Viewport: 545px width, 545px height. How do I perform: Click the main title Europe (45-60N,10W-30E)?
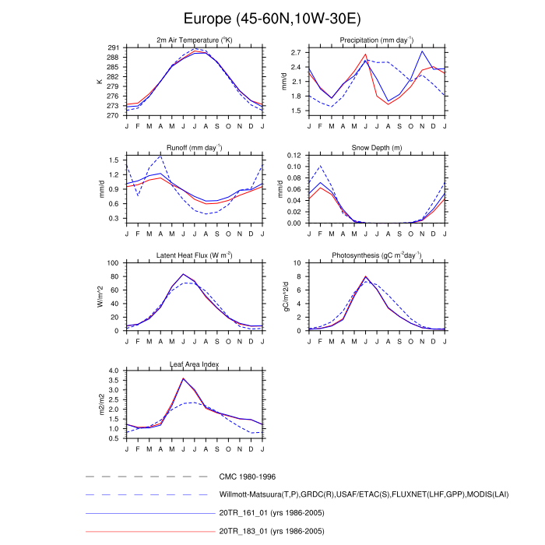tap(272, 18)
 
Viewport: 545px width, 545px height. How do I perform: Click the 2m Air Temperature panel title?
tap(195, 40)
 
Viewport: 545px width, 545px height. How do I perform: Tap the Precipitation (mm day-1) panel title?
tap(376, 40)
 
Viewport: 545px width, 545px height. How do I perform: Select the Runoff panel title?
tap(195, 147)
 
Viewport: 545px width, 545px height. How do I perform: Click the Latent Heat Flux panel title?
tap(195, 255)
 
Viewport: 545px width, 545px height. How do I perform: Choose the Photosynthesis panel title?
tap(376, 255)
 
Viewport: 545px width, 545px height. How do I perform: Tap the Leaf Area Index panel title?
tap(195, 363)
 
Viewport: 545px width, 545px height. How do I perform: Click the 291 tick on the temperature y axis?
tap(112, 48)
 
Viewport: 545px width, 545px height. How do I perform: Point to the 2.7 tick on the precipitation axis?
tap(296, 53)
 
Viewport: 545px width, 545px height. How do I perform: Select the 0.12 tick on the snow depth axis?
tap(293, 156)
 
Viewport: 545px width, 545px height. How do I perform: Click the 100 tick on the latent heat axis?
tap(112, 263)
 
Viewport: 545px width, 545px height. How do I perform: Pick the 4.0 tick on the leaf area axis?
tap(114, 371)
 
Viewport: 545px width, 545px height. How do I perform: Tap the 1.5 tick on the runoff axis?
tap(114, 160)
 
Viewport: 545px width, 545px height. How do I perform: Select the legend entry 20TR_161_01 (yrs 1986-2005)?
tap(272, 512)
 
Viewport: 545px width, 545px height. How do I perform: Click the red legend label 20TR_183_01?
tap(272, 530)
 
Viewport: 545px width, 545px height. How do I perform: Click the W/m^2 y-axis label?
tap(100, 297)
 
